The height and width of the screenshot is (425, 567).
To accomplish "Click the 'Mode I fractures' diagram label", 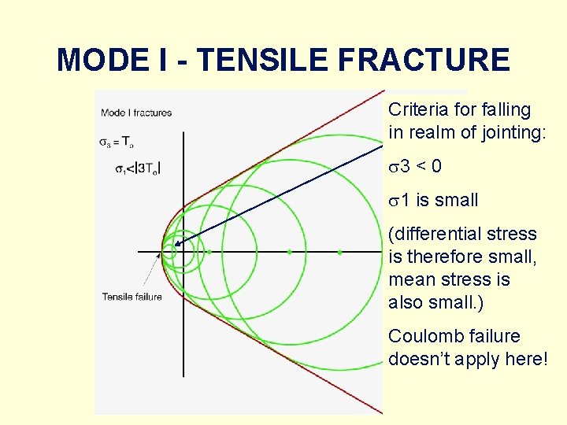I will (135, 113).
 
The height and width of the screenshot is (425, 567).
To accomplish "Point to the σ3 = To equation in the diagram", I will (116, 142).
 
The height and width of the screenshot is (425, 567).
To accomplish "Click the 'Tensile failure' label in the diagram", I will (132, 297).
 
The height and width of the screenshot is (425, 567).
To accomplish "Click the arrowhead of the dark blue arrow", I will (176, 245).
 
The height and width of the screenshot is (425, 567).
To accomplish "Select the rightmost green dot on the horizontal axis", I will (339, 253).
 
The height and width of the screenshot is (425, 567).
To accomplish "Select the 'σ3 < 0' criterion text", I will (415, 166).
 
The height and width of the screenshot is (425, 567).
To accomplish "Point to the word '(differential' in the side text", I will (434, 234).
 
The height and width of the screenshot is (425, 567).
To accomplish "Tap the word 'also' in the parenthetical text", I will (406, 302).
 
